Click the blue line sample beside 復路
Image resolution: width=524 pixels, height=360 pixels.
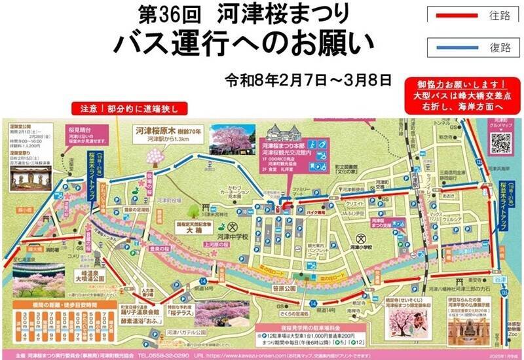point(456,46)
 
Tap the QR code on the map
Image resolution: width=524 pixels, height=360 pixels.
point(500,143)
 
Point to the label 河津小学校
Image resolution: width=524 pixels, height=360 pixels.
point(359,247)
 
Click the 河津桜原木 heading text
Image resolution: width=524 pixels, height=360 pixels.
point(157,130)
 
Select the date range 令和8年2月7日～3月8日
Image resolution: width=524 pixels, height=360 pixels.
point(307,81)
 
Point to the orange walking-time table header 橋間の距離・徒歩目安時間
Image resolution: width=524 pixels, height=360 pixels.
point(43,305)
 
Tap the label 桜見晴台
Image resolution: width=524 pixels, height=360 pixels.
point(72,130)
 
